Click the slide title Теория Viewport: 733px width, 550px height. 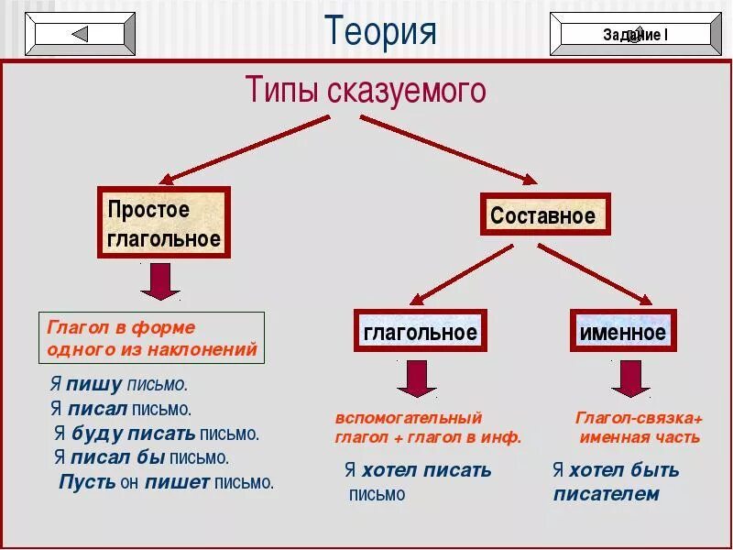click(x=380, y=31)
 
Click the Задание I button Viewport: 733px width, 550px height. click(x=635, y=35)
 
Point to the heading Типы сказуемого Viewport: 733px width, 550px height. click(x=366, y=91)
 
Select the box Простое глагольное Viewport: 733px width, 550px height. click(x=164, y=224)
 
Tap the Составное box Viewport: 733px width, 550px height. click(x=544, y=216)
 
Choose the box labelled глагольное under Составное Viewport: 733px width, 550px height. click(x=421, y=331)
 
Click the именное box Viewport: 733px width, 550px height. click(x=623, y=331)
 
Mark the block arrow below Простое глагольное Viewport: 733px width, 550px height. click(x=160, y=281)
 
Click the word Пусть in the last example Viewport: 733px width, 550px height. click(x=87, y=481)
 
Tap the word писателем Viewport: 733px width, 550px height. click(x=606, y=494)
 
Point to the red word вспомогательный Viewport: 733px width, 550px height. click(x=408, y=419)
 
